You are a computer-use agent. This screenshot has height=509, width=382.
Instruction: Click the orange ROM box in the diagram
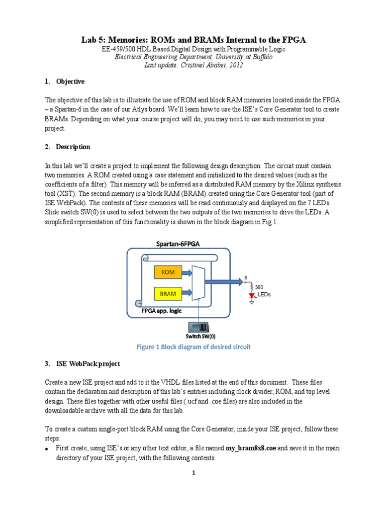pos(168,272)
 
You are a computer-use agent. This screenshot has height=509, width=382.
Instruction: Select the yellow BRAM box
pos(168,294)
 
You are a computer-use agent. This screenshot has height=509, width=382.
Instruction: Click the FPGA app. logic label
pos(162,311)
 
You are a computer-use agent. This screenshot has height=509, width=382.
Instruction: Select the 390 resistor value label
pos(259,287)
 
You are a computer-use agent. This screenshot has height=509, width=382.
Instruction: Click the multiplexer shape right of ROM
pos(197,282)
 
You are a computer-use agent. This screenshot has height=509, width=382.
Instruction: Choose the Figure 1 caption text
pos(193,347)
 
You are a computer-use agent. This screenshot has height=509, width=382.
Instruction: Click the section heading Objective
pos(70,82)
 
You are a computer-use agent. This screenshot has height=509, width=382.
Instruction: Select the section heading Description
pos(73,147)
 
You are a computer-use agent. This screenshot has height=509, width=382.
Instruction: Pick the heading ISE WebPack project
pos(88,364)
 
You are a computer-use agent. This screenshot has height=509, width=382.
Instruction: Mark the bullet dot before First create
pos(46,449)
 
